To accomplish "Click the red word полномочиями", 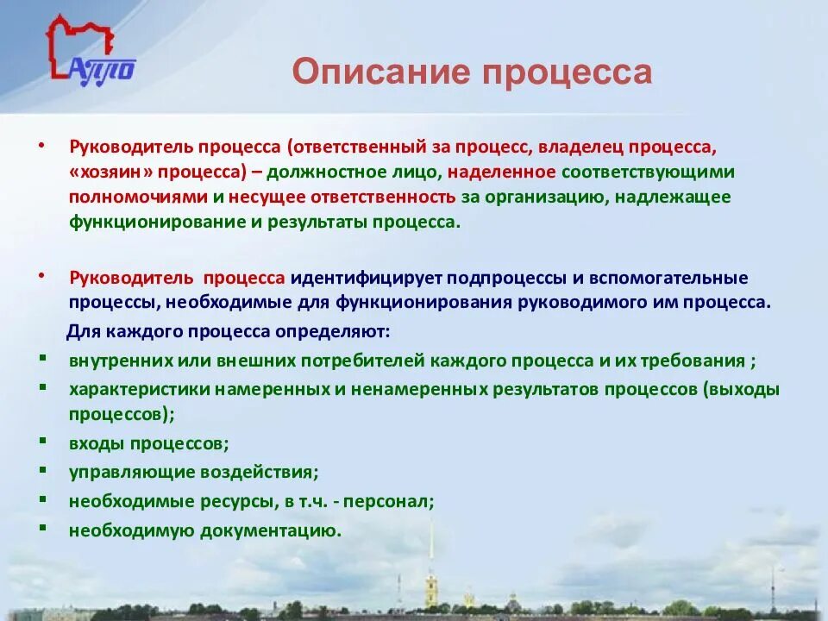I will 138,197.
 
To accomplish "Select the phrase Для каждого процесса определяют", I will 229,331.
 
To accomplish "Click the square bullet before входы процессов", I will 44,442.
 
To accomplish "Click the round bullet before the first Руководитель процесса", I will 44,146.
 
